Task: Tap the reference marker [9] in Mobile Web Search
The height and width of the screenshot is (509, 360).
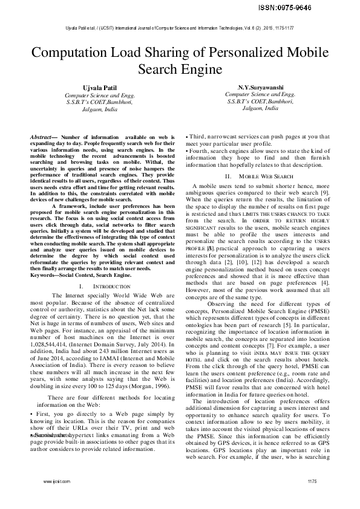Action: coord(324,192)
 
